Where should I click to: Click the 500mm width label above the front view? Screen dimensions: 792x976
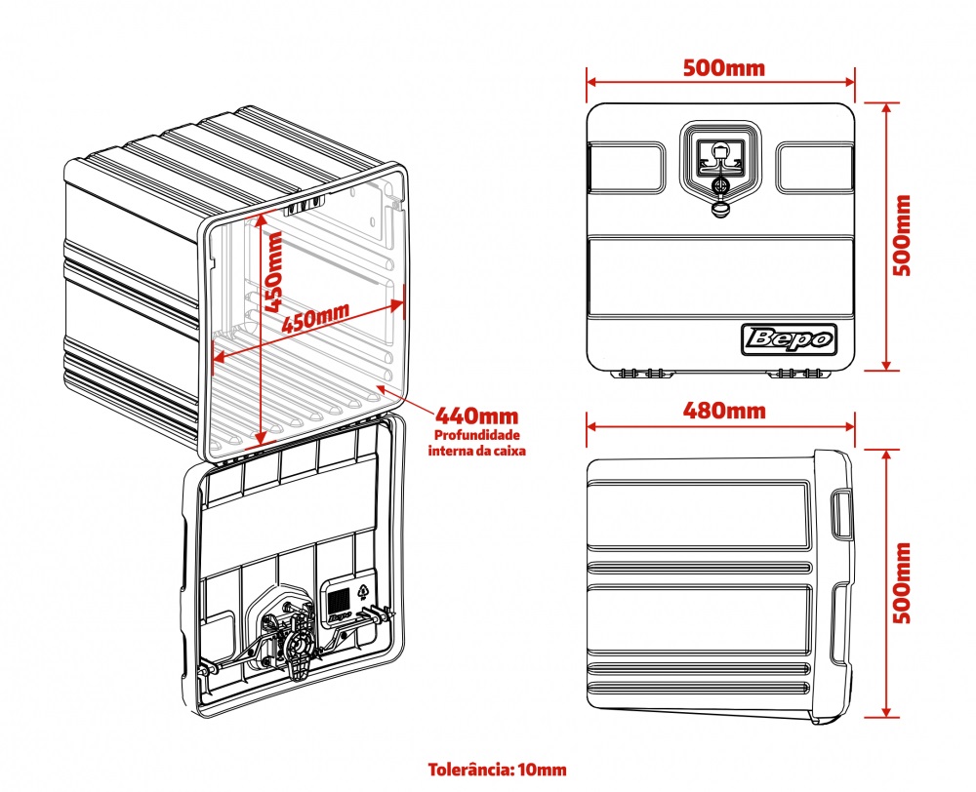pos(723,68)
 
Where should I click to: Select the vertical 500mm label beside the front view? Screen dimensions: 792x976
pos(902,236)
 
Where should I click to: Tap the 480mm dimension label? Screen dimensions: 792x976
pos(723,410)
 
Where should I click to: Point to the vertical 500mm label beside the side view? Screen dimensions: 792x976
pos(902,583)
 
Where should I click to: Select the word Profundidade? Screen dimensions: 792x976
pos(477,435)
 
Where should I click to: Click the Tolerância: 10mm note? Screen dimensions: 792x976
pos(497,770)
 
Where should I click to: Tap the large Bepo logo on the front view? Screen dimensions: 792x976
pos(789,338)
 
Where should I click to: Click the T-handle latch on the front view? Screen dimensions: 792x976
pos(720,155)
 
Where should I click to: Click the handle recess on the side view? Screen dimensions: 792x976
pos(841,513)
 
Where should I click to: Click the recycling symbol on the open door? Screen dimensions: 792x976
pos(363,590)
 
